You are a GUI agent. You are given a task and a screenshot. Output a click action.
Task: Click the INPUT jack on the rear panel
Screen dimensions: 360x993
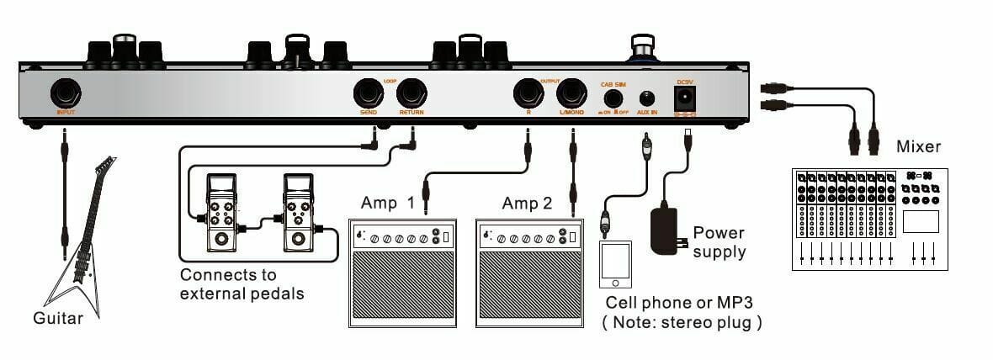(x=65, y=92)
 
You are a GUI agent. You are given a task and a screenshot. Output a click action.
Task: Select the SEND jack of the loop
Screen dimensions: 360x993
(x=368, y=92)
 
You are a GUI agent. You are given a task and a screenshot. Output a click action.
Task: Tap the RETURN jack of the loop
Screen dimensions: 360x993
(x=412, y=92)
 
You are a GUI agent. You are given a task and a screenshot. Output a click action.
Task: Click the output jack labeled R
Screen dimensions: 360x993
(x=528, y=92)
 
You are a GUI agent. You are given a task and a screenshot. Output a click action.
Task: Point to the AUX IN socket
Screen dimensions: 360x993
(x=646, y=98)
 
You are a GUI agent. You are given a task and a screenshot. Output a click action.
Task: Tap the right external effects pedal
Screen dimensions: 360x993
(x=299, y=214)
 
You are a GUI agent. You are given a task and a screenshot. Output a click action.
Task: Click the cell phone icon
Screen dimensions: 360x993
(x=614, y=264)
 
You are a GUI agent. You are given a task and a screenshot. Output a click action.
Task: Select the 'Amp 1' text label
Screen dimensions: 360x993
(x=388, y=203)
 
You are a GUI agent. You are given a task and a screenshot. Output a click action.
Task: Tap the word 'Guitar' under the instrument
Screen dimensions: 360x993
(x=58, y=319)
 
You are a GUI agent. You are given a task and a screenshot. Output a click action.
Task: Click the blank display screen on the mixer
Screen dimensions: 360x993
(x=921, y=221)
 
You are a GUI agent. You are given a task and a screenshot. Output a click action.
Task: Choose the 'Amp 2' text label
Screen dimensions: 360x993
(x=527, y=203)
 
